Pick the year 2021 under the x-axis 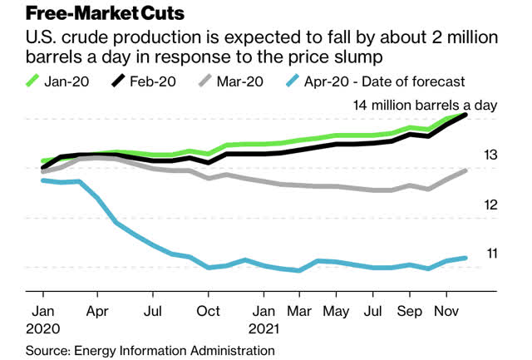click(x=264, y=328)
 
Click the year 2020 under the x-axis click(x=43, y=328)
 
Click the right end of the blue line click(x=465, y=258)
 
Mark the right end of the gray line click(x=465, y=170)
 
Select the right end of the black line click(x=465, y=114)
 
